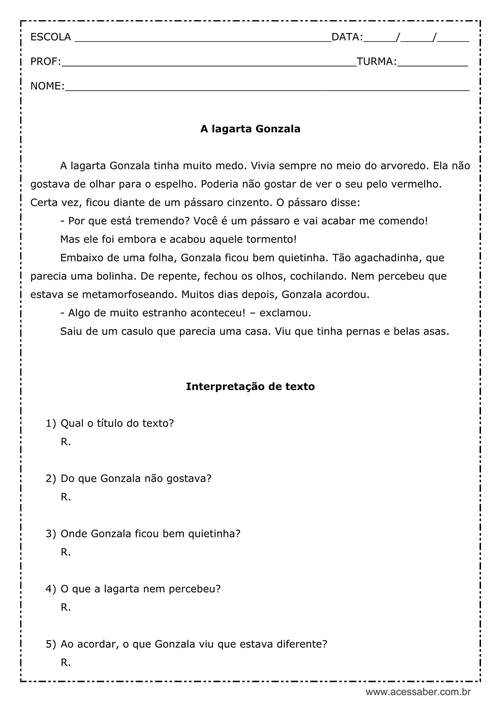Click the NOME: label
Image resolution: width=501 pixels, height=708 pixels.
pos(47,86)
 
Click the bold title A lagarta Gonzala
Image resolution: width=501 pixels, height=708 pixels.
pos(250,129)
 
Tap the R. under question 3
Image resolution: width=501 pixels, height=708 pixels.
pos(66,552)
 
